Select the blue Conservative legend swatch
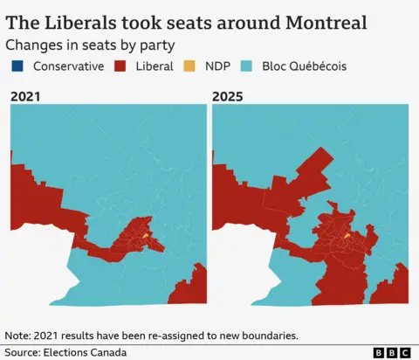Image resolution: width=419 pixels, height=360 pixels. point(17,66)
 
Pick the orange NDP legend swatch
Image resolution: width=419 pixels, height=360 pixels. point(190,66)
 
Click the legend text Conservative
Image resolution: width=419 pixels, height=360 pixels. point(68,66)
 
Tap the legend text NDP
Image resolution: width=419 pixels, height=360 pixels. point(218,66)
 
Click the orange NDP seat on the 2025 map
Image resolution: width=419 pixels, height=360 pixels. point(347,235)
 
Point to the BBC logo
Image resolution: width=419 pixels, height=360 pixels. point(392,352)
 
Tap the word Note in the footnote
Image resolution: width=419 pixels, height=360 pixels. point(18,335)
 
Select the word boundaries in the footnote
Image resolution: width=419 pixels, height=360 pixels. point(264,335)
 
